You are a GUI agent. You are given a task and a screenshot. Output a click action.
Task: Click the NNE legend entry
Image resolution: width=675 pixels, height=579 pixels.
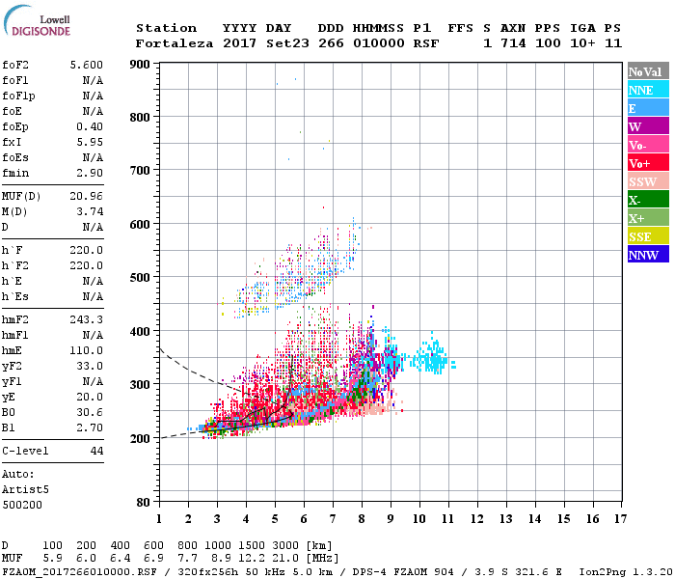pos(647,90)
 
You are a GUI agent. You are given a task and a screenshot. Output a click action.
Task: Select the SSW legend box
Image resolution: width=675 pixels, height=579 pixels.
pos(647,181)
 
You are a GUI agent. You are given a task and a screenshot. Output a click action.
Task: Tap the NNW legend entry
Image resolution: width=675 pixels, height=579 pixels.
pos(647,255)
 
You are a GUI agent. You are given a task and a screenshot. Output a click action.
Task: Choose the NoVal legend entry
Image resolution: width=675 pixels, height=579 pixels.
pos(647,71)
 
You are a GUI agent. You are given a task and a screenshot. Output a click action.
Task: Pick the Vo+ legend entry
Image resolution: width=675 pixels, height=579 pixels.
pos(647,163)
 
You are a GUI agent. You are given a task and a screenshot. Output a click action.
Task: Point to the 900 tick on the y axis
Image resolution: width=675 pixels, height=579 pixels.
pos(141,65)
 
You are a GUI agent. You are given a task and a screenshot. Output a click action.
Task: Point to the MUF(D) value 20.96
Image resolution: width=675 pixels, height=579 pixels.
pos(87,196)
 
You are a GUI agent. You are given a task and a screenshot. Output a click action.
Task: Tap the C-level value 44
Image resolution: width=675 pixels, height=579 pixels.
pos(96,451)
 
